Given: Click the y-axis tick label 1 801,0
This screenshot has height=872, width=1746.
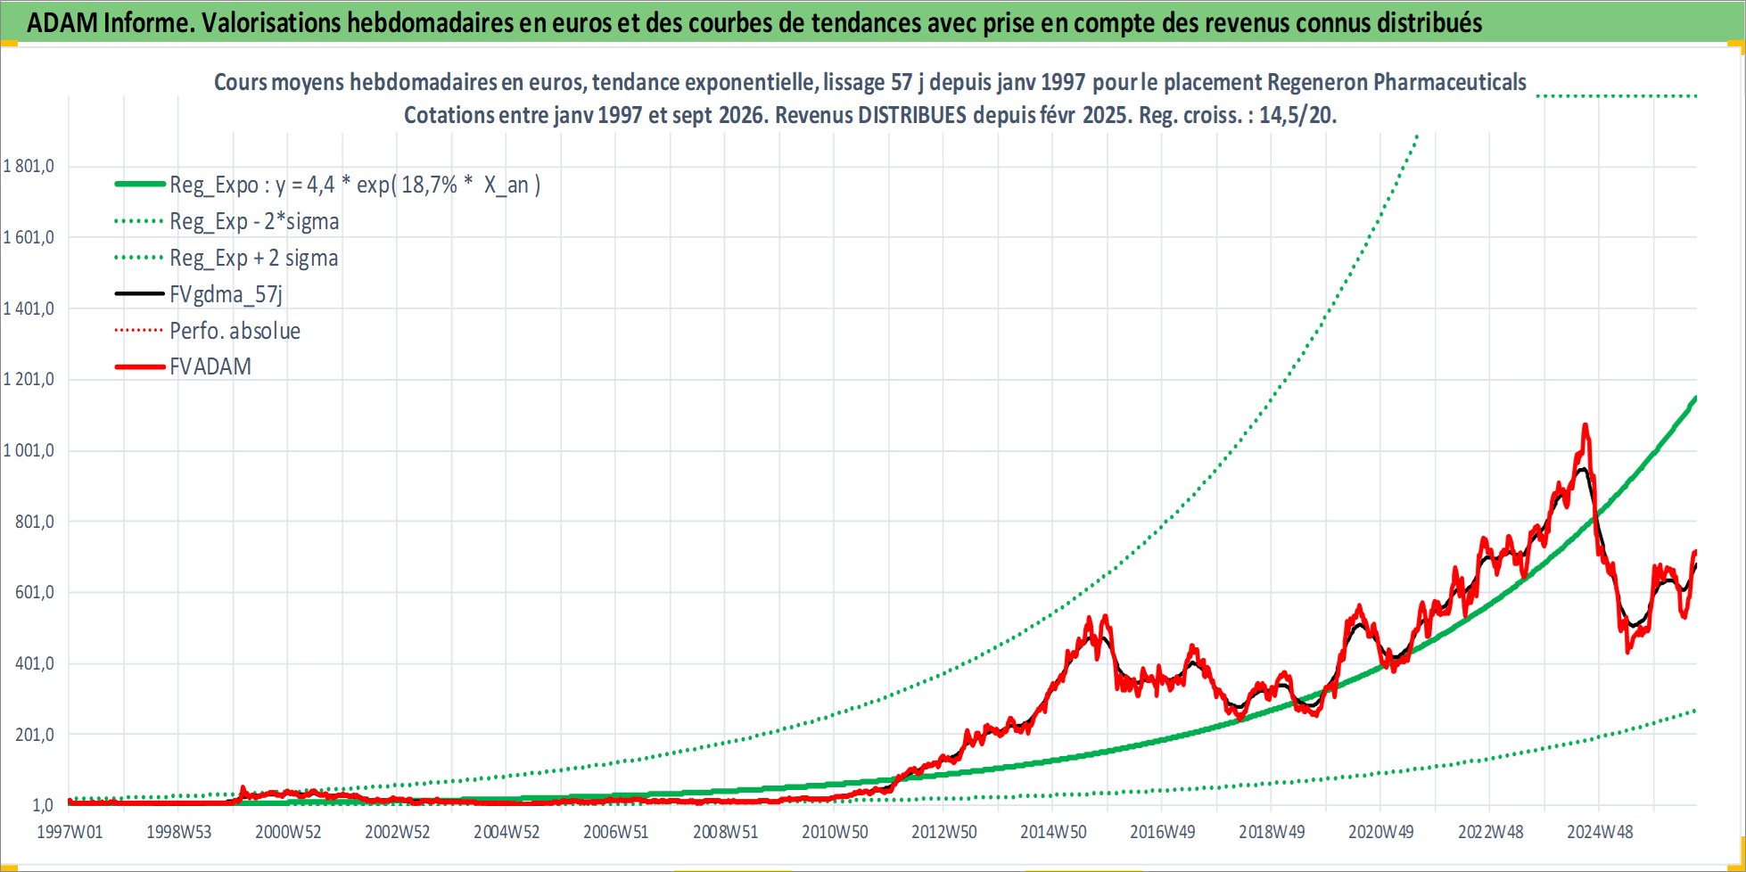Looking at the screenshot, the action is pos(29,166).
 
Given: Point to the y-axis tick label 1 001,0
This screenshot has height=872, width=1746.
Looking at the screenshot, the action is pos(29,450).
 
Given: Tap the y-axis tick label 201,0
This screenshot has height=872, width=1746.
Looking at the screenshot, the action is pos(35,735).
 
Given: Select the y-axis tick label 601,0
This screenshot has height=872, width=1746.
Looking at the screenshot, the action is pos(35,592).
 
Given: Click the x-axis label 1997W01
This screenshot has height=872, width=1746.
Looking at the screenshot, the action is pos(70,832).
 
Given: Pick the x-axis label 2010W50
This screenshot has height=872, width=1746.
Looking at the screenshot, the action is pos(835,832).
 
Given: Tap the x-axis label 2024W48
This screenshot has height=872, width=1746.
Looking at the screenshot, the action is pos(1600,832).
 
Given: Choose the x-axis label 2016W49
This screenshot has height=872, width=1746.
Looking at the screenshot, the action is pos(1163,832).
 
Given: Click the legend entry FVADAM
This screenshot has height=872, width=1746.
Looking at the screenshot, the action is pos(210,366).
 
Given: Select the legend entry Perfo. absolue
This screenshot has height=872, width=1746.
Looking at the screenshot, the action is pos(235,331).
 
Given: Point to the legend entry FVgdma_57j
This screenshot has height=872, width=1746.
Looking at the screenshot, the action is pos(226,294).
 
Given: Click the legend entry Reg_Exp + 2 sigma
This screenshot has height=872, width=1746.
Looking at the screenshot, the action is pos(254,258).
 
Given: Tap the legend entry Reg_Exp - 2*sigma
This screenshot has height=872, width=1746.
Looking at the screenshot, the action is pos(254,221).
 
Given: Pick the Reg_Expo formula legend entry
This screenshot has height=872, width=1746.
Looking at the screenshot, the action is pos(355,185).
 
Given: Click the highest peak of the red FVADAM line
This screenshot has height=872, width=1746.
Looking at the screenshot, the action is pos(1585,425).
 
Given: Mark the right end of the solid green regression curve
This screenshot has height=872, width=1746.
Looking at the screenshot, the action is pos(1695,398).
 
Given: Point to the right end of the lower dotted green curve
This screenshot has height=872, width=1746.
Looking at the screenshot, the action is pos(1695,711).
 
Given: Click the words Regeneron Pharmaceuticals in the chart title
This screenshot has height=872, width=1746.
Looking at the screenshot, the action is pos(1396,82).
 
